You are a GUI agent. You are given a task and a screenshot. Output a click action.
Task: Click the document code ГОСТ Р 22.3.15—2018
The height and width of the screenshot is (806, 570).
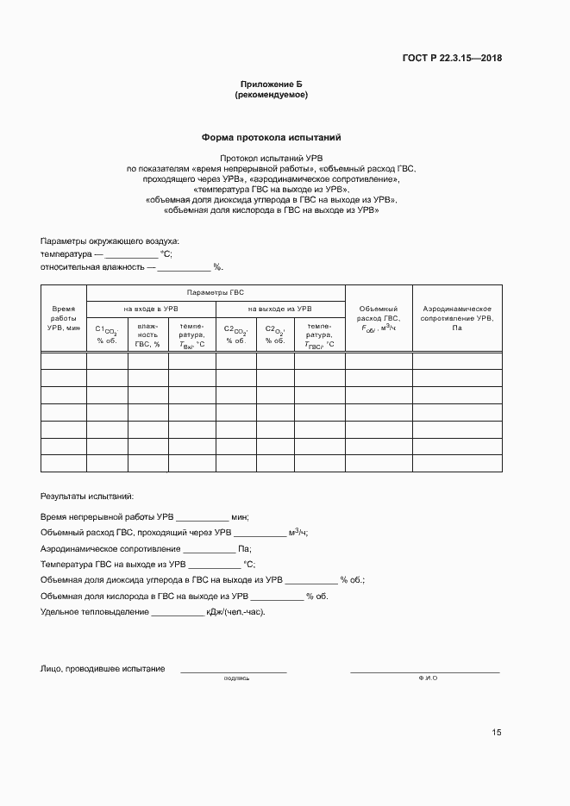point(452,59)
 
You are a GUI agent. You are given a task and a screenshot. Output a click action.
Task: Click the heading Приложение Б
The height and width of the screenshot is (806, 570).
point(271,84)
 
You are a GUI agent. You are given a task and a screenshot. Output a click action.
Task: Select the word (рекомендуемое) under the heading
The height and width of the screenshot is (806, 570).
point(271,95)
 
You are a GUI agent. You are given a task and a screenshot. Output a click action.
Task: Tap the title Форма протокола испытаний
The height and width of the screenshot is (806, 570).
point(272,137)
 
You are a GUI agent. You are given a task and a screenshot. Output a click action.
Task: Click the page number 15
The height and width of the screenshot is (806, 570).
point(497,733)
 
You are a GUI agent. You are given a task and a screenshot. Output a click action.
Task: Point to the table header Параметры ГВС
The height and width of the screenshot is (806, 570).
point(216,292)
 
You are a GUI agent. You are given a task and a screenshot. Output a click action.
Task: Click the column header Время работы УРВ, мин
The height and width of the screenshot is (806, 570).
point(63,318)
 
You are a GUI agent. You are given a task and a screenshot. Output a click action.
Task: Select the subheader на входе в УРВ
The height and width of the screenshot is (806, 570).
point(150,309)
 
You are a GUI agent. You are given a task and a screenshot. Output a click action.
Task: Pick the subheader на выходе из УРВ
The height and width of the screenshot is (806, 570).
point(279,309)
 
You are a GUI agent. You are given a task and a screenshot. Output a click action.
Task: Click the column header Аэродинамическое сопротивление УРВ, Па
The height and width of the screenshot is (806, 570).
point(456,318)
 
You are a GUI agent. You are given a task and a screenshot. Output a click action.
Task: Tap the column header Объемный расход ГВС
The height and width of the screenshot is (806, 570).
point(378,318)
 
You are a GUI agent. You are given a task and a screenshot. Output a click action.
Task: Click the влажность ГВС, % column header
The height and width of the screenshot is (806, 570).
point(147,335)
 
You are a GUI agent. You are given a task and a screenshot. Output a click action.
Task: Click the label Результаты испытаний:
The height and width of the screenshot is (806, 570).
point(87,497)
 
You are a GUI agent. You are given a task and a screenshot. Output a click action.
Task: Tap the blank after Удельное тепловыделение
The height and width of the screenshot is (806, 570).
point(178,612)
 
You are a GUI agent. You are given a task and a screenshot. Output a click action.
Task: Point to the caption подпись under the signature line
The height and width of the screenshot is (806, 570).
point(236,678)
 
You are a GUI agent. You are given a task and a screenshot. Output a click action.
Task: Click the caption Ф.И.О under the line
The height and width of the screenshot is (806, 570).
point(428,678)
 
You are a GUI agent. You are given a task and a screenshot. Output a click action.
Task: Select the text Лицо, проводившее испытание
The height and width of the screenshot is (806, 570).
point(103,669)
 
